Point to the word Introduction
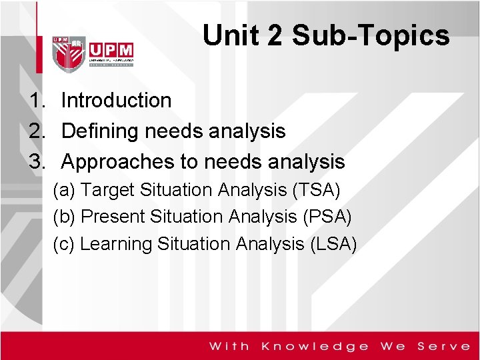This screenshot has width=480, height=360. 116,101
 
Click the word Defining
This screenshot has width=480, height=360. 99,131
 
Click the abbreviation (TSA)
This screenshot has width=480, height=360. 316,190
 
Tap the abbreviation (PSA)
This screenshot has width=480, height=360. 327,217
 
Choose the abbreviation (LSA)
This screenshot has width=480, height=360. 333,244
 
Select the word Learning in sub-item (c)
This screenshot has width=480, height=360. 116,244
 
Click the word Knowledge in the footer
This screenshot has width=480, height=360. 315,346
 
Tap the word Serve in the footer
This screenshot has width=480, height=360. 443,346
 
